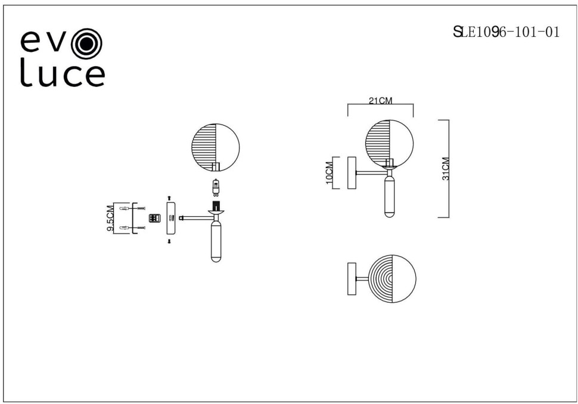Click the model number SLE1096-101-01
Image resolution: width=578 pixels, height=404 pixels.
click(506, 32)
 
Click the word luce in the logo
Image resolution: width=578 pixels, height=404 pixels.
click(63, 73)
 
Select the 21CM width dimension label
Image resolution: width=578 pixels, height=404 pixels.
click(380, 101)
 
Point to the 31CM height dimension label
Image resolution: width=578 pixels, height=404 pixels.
click(446, 169)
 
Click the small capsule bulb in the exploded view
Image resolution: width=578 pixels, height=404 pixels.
click(216, 188)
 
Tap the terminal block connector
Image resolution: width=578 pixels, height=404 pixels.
click(154, 219)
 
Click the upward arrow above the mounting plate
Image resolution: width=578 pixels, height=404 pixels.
click(169, 197)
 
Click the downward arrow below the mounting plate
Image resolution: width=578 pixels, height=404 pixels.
click(169, 241)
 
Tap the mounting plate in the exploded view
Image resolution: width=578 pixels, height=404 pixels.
click(170, 219)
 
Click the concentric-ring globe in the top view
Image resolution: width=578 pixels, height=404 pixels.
click(392, 279)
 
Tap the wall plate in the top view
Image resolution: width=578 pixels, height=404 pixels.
click(351, 279)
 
